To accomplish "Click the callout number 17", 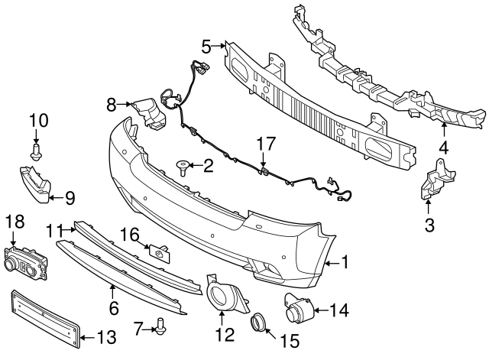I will pos(264,142).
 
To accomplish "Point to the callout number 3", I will pos(429,225).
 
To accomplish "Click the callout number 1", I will pos(345,263).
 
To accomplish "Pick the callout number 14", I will pos(339,310).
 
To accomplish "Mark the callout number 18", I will pos(15,222).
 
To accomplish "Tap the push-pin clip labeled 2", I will pos(183,166).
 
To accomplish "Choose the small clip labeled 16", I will pos(157,250).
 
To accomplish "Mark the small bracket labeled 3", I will pos(432,182).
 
